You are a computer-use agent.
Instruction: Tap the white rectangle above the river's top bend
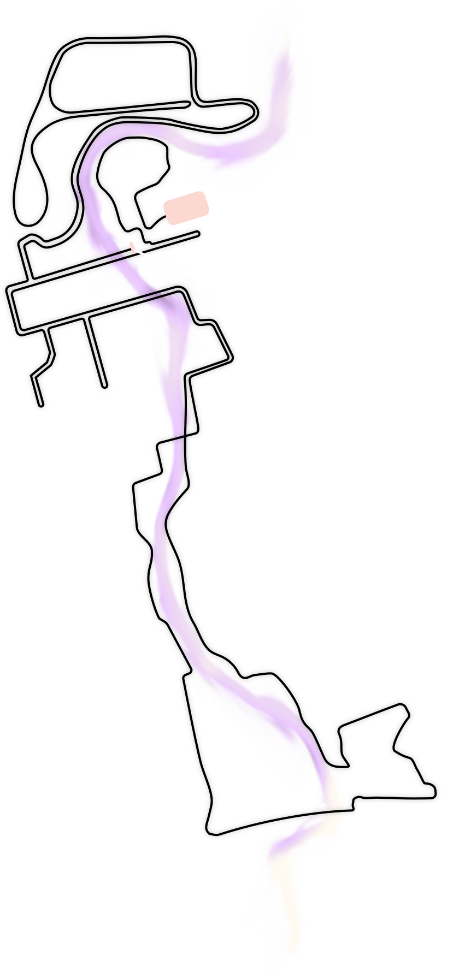tap(131, 73)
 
